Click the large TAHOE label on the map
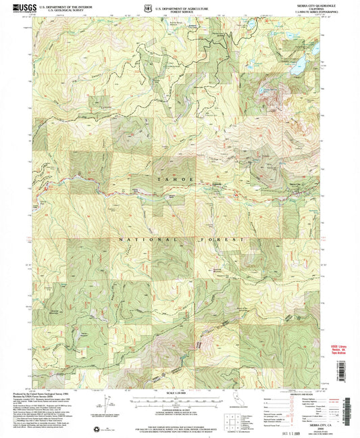180,179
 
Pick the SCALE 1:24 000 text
178,392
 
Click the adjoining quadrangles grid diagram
231,412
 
